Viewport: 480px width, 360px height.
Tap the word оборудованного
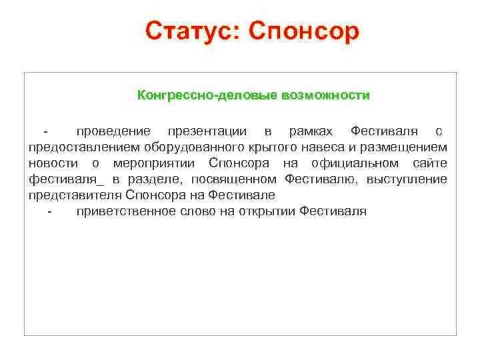[x=186, y=146]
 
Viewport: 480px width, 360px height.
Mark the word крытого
[x=263, y=146]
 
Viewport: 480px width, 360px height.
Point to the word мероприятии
[x=156, y=163]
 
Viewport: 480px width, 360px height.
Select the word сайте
[x=430, y=163]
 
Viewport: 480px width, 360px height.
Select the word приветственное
[x=123, y=211]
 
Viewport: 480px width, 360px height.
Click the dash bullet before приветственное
[x=50, y=211]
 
